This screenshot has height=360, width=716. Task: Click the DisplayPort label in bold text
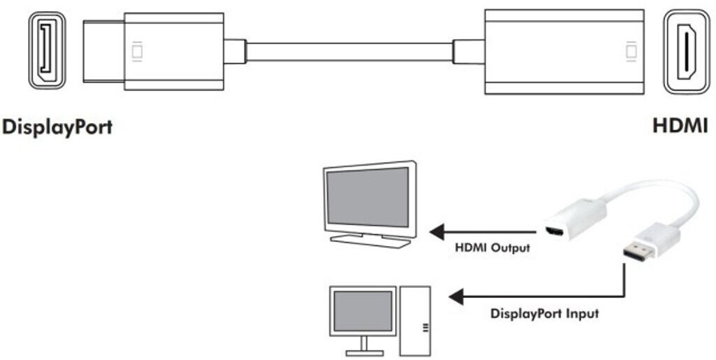pyautogui.click(x=57, y=128)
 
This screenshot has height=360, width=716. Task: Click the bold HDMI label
pyautogui.click(x=680, y=127)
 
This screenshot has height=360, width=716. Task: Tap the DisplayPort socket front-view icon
pyautogui.click(x=48, y=51)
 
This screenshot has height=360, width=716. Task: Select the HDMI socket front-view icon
pyautogui.click(x=686, y=52)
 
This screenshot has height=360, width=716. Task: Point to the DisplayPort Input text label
pyautogui.click(x=545, y=314)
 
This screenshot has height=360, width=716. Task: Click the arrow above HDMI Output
pyautogui.click(x=482, y=231)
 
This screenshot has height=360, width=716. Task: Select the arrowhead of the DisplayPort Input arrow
pyautogui.click(x=457, y=298)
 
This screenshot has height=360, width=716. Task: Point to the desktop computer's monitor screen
pyautogui.click(x=362, y=311)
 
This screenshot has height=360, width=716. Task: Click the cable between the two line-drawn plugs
pyautogui.click(x=349, y=51)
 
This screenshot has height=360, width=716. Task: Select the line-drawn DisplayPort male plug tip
pyautogui.click(x=103, y=51)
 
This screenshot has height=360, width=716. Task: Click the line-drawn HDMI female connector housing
pyautogui.click(x=563, y=51)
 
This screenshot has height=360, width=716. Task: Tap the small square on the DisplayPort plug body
pyautogui.click(x=137, y=51)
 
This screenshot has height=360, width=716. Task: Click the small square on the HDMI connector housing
pyautogui.click(x=631, y=51)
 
